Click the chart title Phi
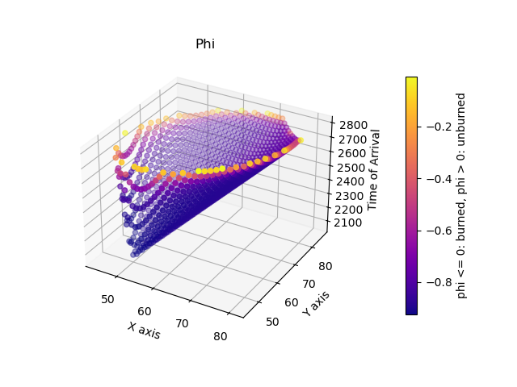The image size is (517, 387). [x=205, y=44]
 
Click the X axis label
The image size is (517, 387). [x=143, y=329]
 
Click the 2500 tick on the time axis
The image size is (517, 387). [x=350, y=168]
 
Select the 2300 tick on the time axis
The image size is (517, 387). [x=350, y=196]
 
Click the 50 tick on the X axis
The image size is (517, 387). [x=108, y=299]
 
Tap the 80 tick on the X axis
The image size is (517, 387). [x=221, y=337]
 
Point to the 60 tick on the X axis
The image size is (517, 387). [x=145, y=311]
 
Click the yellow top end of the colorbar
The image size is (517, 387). [x=411, y=81]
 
